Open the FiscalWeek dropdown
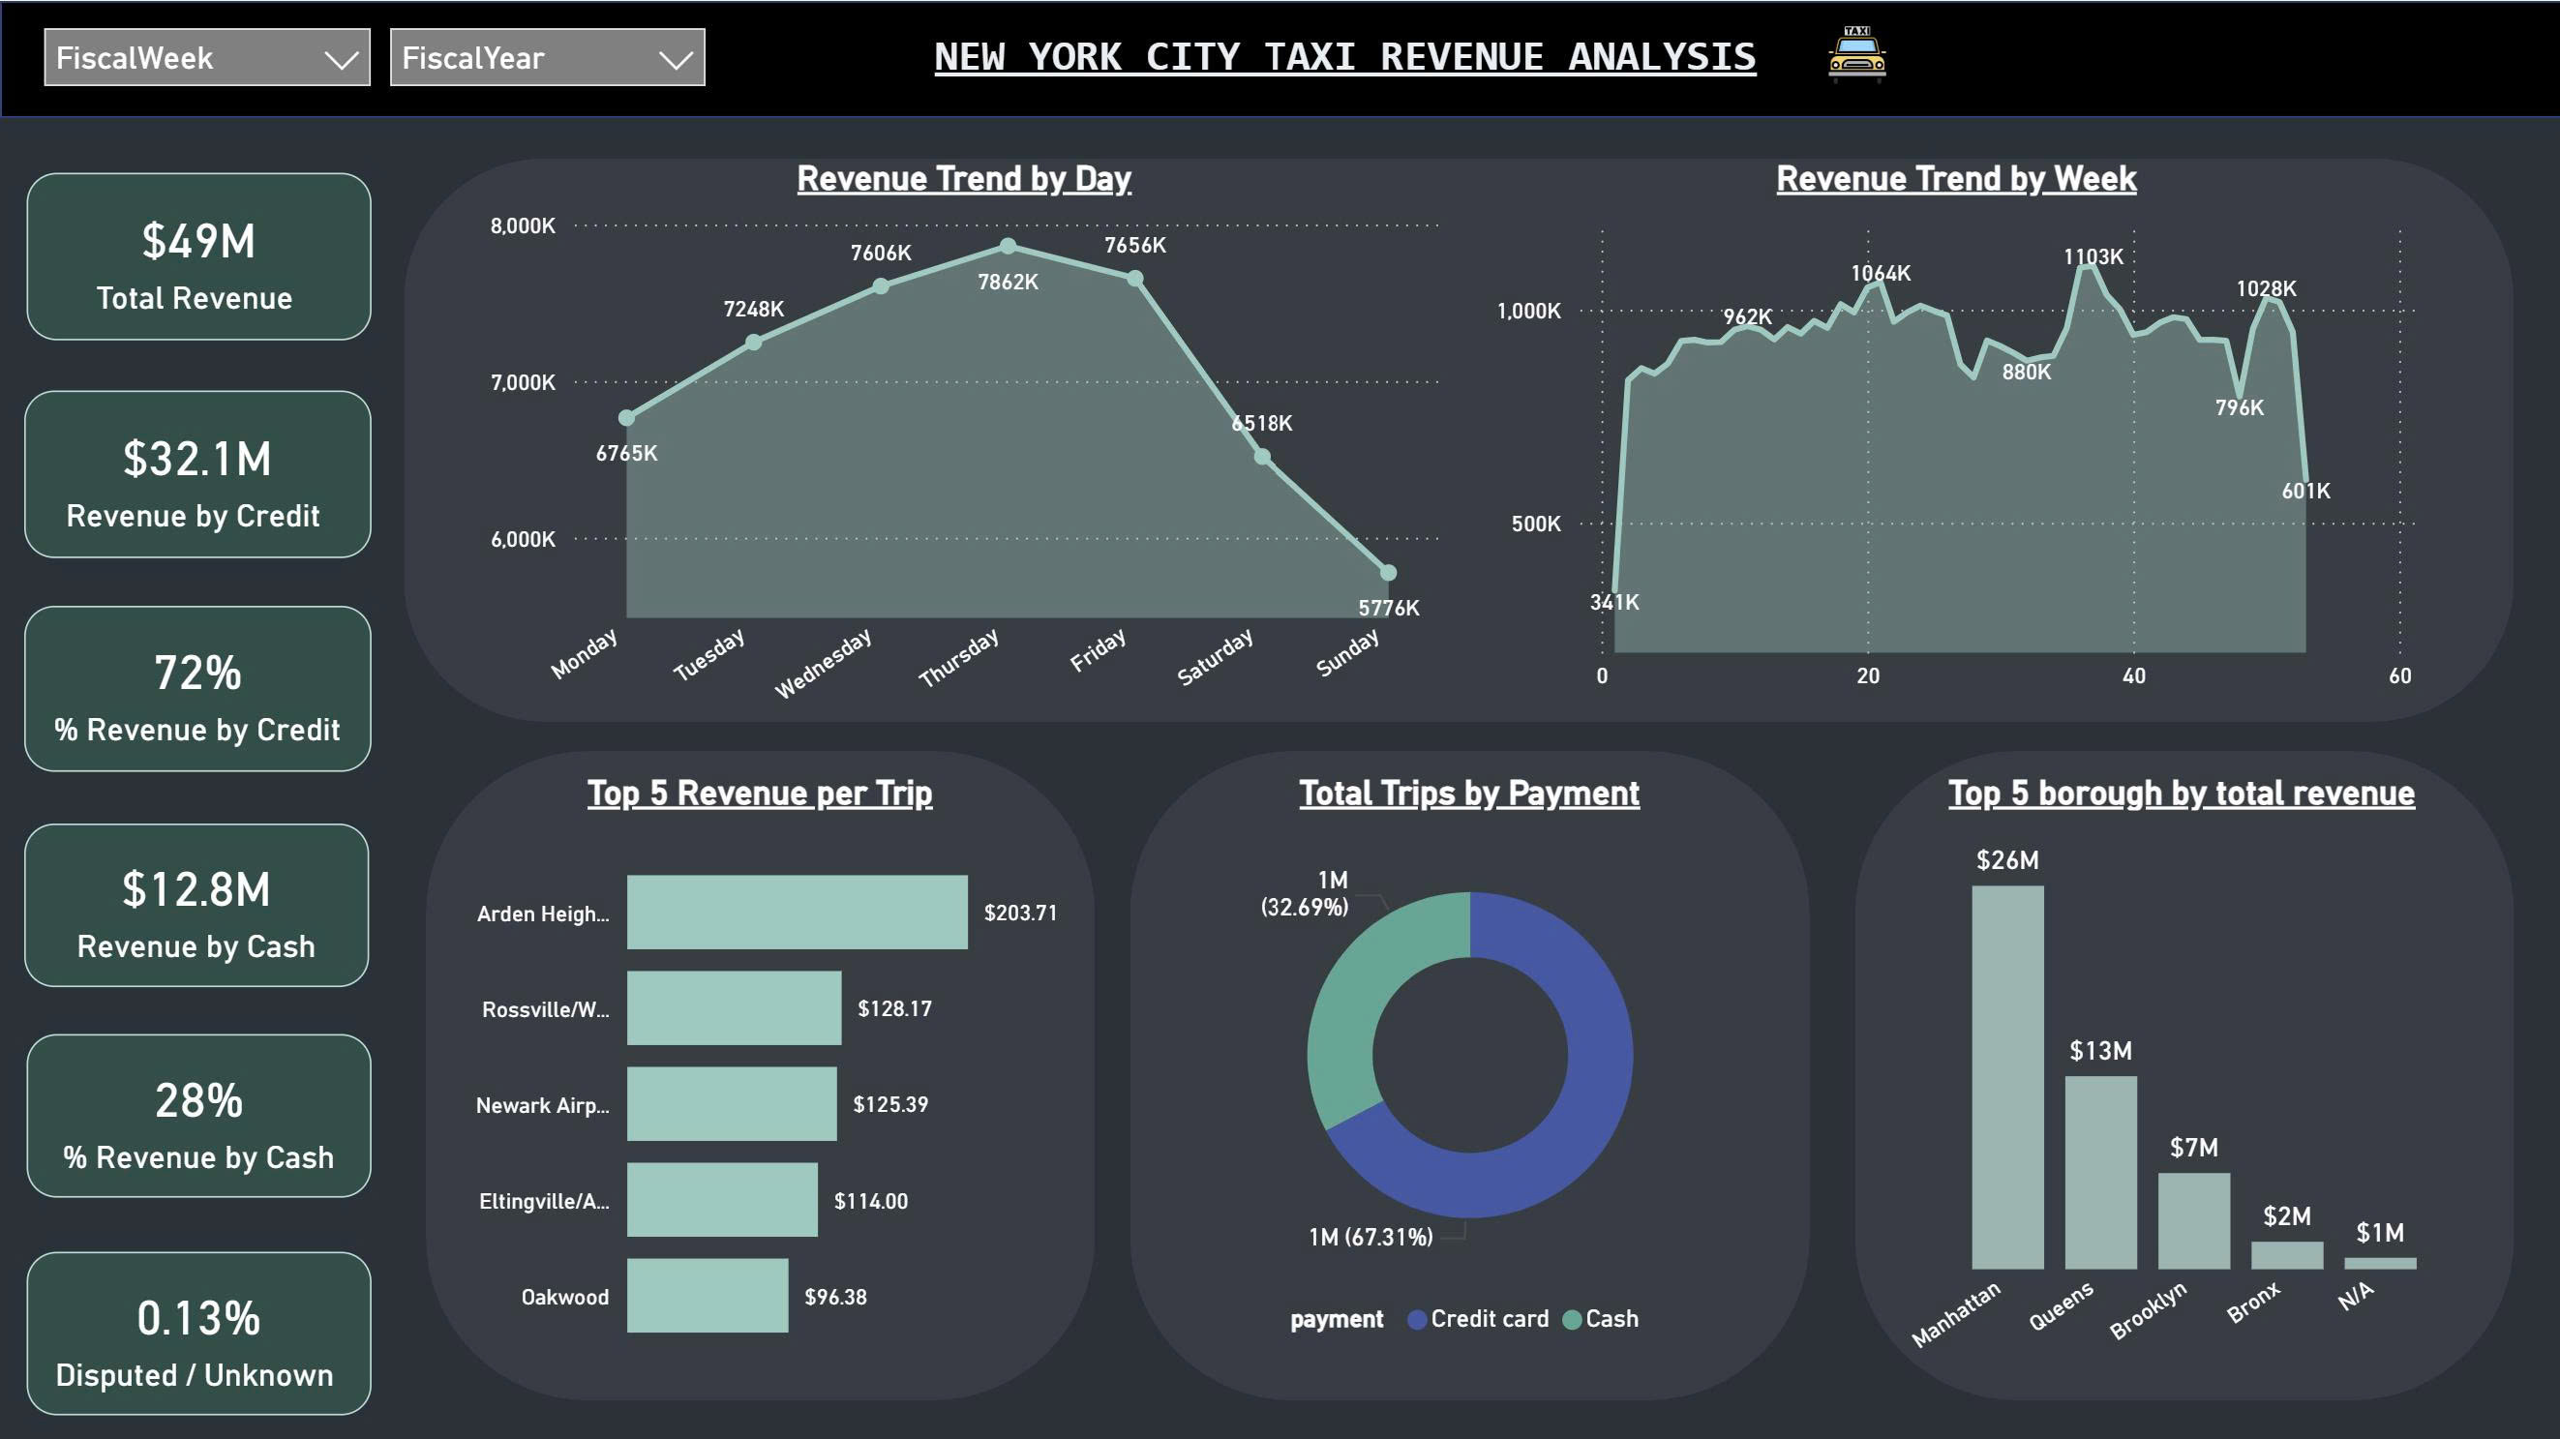(x=207, y=58)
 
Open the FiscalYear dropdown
(x=547, y=58)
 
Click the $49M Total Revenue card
(x=198, y=256)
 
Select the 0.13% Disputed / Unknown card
(x=198, y=1333)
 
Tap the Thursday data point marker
(x=1008, y=246)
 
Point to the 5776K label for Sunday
(x=1388, y=607)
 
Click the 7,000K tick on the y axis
(x=523, y=382)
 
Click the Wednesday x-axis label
(x=823, y=663)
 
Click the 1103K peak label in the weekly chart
(x=2093, y=256)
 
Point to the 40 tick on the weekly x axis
(x=2134, y=675)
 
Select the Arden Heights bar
(x=797, y=913)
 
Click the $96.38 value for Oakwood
(x=834, y=1297)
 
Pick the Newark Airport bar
(x=732, y=1104)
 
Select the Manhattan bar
(x=2007, y=1078)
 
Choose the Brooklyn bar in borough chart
(x=2193, y=1221)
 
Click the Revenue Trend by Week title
(x=1956, y=179)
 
